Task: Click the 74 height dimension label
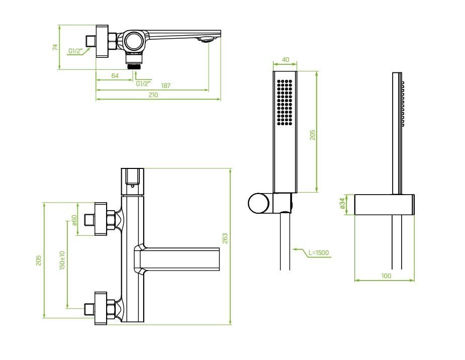pos(55,47)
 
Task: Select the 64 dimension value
pos(115,76)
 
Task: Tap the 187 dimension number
pos(165,85)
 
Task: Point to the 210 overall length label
pos(153,95)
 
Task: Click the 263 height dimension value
pos(225,238)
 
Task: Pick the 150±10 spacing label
pos(62,260)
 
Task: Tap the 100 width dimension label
pos(386,276)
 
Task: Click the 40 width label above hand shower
pos(286,60)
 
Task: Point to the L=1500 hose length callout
pos(319,252)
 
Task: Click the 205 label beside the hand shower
pos(313,135)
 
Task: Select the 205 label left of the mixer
pos(39,260)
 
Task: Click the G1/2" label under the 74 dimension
pos(75,51)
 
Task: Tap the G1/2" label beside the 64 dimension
pos(143,83)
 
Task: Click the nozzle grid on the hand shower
pos(285,102)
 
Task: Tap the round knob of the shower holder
pos(258,204)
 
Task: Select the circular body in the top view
pos(134,41)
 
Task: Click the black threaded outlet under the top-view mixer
pos(134,66)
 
